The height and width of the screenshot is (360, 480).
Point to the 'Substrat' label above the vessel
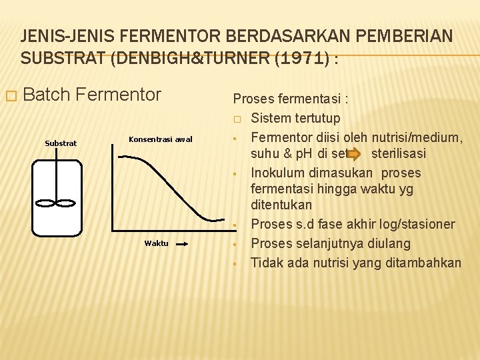61,143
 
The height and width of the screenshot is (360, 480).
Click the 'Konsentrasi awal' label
160,139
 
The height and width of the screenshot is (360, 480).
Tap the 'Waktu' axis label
157,243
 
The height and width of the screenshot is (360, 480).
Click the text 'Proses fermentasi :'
291,99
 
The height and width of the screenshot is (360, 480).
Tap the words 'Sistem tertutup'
295,119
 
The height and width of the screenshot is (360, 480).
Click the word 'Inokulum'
277,173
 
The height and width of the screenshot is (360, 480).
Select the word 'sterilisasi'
399,154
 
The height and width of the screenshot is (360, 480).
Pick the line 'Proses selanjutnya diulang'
330,243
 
